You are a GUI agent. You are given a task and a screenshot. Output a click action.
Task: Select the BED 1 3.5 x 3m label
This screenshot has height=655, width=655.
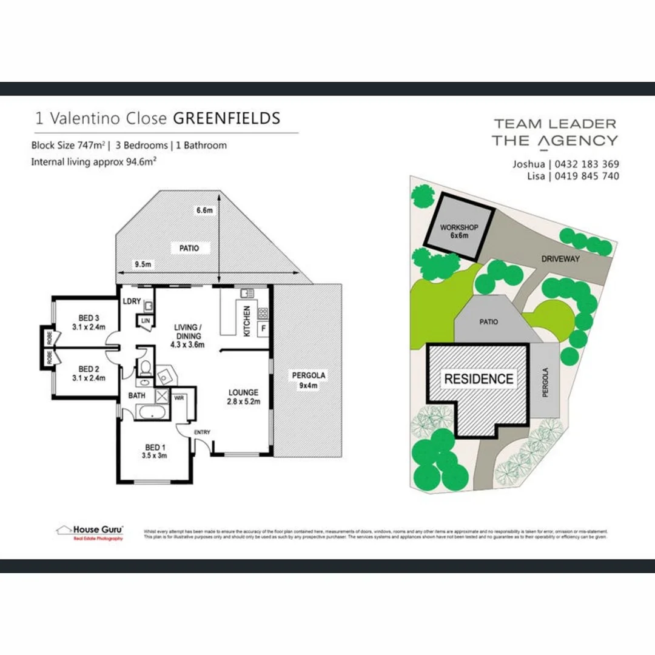click(x=154, y=451)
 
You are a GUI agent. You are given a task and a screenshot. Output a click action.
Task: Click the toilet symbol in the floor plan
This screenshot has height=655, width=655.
click(x=145, y=369)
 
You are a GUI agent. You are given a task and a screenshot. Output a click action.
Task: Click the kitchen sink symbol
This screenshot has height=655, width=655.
click(x=246, y=294)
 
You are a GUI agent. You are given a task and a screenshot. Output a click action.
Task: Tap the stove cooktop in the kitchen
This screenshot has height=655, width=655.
click(x=263, y=314)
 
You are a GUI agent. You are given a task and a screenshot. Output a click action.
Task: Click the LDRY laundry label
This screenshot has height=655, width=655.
click(x=132, y=301)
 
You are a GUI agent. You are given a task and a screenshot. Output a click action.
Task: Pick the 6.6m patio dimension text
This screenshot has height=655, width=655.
click(x=204, y=210)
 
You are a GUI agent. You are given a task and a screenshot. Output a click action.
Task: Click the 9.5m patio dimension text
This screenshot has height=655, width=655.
click(x=143, y=264)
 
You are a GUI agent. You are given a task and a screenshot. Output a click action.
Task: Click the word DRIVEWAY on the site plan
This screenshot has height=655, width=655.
click(x=560, y=259)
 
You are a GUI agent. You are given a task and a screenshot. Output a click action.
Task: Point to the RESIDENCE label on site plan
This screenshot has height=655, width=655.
click(x=479, y=379)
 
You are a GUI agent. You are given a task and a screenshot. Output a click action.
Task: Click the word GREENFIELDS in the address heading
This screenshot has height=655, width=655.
click(x=227, y=118)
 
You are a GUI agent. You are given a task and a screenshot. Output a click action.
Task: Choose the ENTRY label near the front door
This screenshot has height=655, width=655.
click(x=202, y=432)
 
